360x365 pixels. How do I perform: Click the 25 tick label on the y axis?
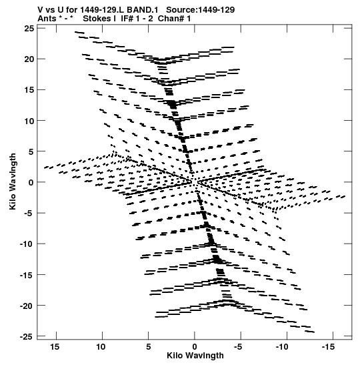coord(29,29)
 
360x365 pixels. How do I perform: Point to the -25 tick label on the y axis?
coord(27,336)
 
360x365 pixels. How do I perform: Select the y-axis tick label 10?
coord(29,121)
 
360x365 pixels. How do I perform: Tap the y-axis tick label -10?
coord(27,244)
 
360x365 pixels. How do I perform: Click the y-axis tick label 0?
coord(31,183)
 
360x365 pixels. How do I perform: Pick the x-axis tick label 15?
coord(55,347)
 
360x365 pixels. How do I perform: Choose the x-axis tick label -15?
coord(329,347)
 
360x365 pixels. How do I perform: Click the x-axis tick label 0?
coord(195,347)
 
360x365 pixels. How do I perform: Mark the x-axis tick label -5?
coord(238,347)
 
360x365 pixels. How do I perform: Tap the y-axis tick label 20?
coord(29,59)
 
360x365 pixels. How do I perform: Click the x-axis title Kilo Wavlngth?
coord(195,356)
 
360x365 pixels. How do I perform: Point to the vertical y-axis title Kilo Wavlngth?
coord(13,181)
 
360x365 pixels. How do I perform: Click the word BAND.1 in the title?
coord(142,10)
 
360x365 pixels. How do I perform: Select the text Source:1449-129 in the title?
coord(201,10)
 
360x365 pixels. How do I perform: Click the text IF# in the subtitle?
coord(127,19)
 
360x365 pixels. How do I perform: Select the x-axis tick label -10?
coord(282,347)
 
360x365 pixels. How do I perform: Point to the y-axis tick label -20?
coord(27,306)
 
